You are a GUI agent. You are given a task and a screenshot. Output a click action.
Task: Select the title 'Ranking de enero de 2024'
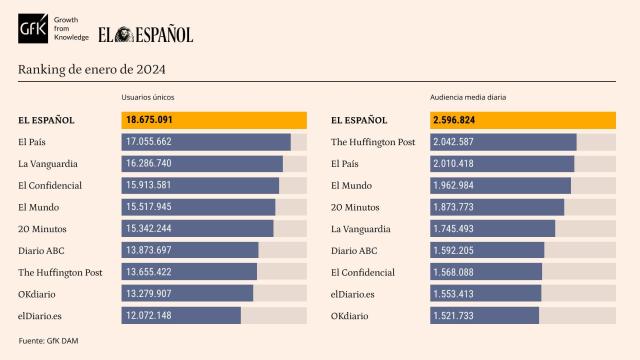point(92,69)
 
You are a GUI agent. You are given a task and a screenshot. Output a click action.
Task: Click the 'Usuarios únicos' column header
point(149,98)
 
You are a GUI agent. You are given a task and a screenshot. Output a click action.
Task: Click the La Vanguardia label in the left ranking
point(49,163)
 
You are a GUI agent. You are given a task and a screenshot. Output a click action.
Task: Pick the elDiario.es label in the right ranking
point(352,294)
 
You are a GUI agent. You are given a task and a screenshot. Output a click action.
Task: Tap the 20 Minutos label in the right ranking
point(353,207)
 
